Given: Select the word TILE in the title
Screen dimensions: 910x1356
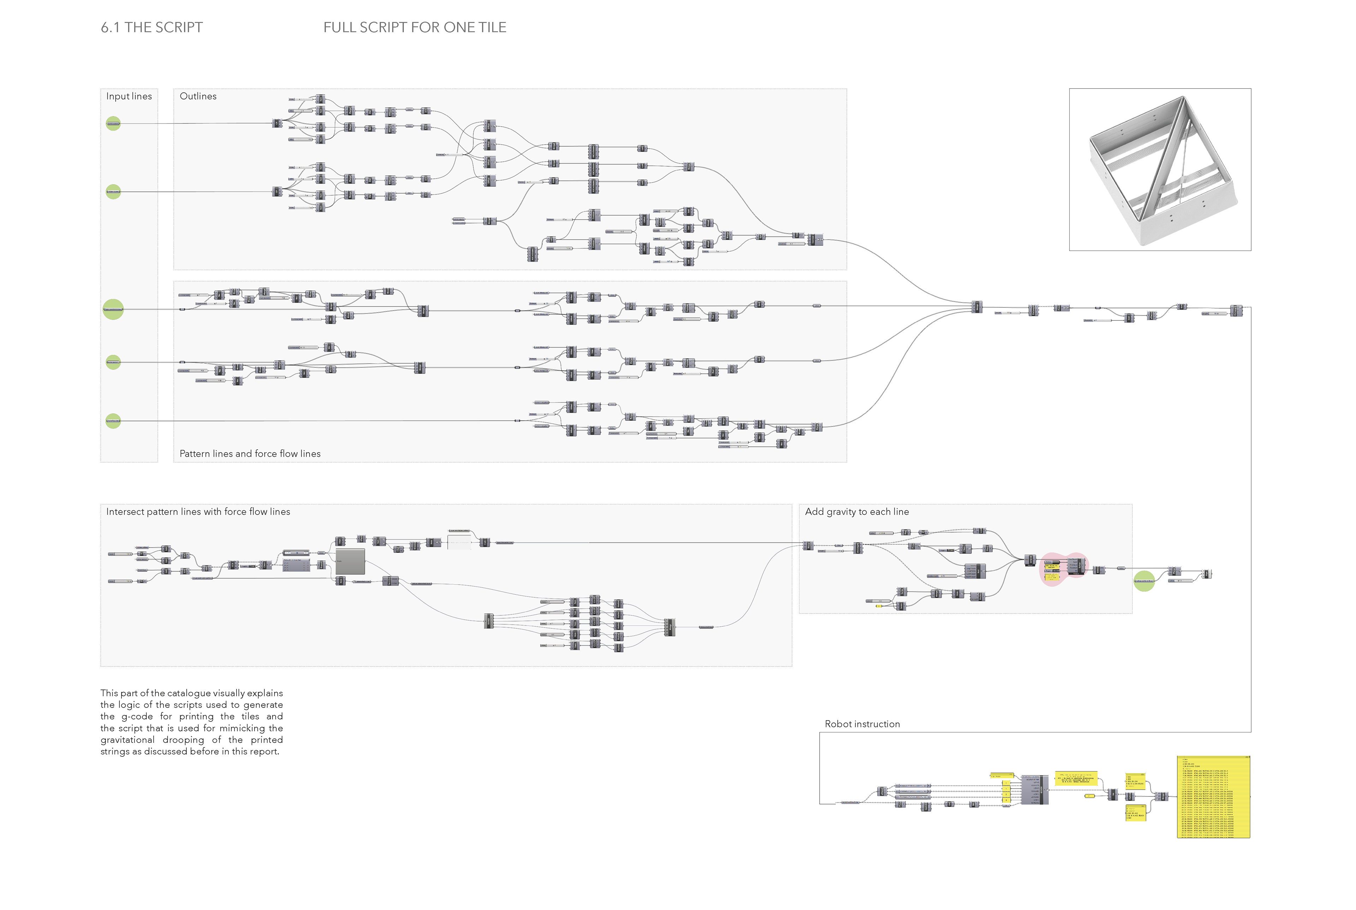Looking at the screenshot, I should [x=492, y=27].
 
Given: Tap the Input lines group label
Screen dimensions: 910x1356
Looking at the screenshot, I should [x=129, y=96].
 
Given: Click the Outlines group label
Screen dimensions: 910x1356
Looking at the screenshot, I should [x=198, y=96].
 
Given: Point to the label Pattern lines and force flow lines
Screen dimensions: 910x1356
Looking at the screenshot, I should [x=250, y=454].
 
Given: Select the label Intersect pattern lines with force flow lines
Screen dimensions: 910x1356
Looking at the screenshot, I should [x=198, y=512].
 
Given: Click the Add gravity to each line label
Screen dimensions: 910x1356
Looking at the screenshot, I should [x=857, y=512].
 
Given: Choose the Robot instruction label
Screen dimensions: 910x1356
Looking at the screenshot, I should [x=862, y=724].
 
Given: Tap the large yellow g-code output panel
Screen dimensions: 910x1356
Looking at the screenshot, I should [x=1213, y=797].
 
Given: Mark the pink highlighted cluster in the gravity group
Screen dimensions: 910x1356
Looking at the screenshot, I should [x=1062, y=569].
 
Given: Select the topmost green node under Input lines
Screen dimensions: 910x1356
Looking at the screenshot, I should [x=113, y=124].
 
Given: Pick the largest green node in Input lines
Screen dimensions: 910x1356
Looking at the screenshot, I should [x=113, y=309].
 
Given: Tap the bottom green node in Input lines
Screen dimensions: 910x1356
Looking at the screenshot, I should [x=113, y=421].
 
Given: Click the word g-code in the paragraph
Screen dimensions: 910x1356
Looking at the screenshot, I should [x=137, y=717].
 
